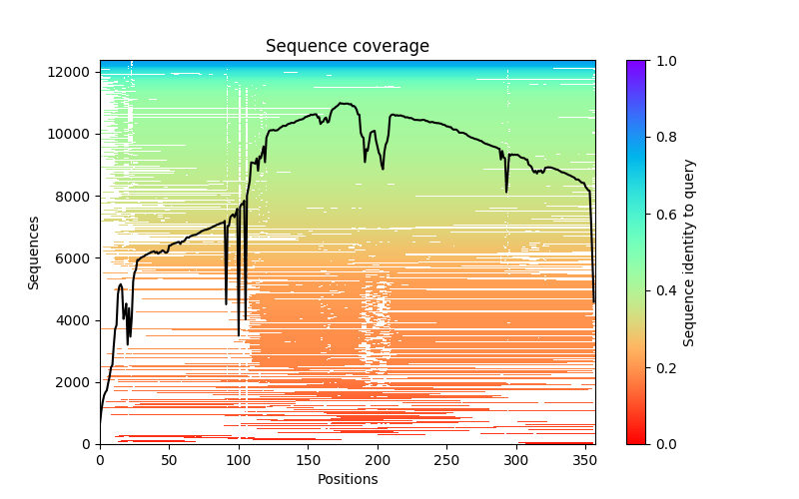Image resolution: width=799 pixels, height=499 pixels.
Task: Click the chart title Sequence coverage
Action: click(x=347, y=47)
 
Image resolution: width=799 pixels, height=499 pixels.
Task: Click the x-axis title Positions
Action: click(x=347, y=479)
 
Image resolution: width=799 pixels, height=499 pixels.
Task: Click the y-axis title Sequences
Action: click(x=34, y=252)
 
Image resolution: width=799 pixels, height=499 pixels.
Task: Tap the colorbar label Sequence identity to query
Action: click(x=689, y=252)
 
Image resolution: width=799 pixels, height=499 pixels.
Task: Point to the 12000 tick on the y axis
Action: click(x=72, y=72)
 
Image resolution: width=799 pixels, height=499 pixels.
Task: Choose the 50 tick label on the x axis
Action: click(x=169, y=459)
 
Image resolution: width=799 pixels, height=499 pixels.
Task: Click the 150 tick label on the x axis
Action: click(x=308, y=459)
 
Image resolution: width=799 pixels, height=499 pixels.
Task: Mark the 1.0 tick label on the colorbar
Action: click(x=666, y=61)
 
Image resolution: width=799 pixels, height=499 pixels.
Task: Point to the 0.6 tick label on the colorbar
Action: click(x=666, y=215)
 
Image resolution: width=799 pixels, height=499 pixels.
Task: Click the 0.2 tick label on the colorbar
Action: click(x=666, y=367)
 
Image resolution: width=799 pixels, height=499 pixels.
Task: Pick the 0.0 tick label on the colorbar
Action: click(x=666, y=444)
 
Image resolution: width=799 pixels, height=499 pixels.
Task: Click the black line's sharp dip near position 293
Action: click(x=506, y=192)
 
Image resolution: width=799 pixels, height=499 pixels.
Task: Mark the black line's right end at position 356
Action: click(x=593, y=302)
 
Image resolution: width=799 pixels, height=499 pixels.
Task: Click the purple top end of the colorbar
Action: click(x=636, y=64)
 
